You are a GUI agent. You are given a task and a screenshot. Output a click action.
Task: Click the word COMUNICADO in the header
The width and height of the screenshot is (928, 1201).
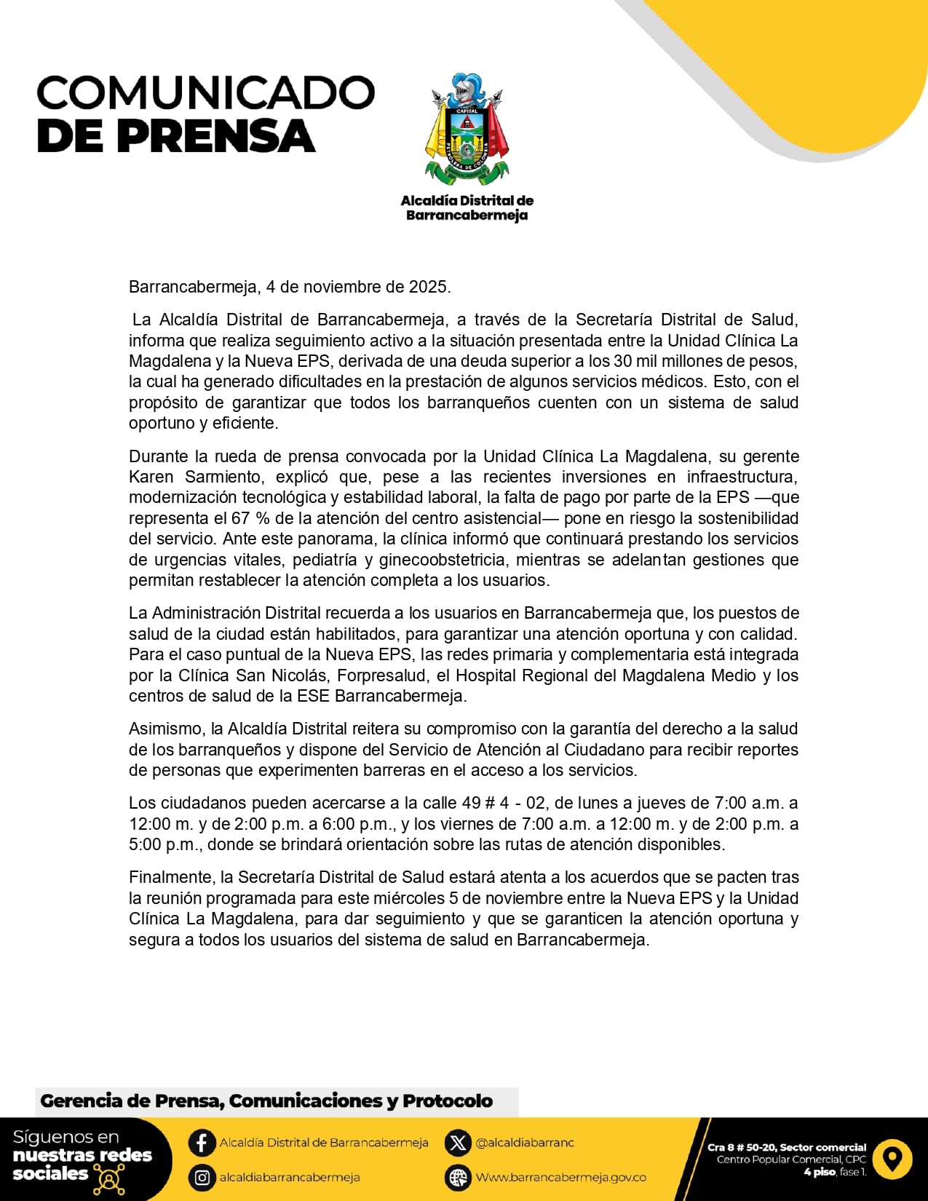click(x=206, y=92)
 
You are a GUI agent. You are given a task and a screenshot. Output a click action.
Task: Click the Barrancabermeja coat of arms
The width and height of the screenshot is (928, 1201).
click(x=467, y=129)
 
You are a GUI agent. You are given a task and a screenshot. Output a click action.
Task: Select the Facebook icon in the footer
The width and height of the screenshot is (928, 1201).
click(x=202, y=1142)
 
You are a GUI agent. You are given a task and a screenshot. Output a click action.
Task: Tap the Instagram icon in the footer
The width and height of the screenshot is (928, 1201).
click(x=202, y=1177)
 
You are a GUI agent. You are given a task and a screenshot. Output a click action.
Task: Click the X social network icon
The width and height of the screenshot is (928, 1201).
click(x=458, y=1142)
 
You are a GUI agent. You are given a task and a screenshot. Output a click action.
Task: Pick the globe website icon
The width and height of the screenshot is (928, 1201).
click(x=458, y=1177)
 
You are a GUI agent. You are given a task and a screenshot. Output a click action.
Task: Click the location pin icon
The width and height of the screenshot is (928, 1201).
click(x=892, y=1157)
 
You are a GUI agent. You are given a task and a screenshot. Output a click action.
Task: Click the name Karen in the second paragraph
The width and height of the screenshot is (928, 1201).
click(x=151, y=477)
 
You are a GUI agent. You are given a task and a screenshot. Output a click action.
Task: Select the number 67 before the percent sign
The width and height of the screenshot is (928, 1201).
click(x=240, y=518)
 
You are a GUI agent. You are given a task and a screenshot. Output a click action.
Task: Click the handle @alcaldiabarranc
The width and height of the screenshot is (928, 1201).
click(x=525, y=1143)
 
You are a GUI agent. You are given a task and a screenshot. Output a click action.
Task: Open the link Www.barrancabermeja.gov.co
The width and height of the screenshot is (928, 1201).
click(x=560, y=1177)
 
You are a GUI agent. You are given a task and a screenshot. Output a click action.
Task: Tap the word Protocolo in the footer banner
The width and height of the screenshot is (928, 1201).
click(x=448, y=1101)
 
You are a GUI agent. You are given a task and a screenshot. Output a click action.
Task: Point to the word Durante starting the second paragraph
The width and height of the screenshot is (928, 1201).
click(x=157, y=456)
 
